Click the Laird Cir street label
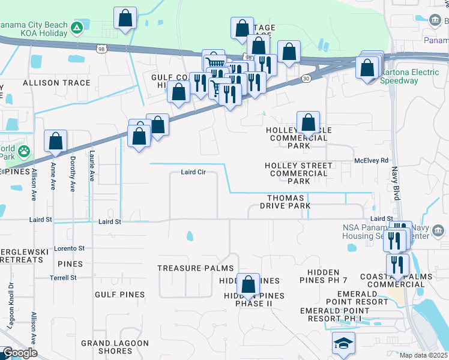point(193,172)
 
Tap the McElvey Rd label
point(372,160)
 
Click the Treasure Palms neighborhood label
point(186,268)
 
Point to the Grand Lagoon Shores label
point(115,347)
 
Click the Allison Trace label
point(49,82)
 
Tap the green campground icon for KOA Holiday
point(77,28)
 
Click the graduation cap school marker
point(344,343)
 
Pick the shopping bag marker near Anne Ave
point(55,142)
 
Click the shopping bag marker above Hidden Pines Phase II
point(248,285)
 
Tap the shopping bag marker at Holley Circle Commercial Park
point(308,123)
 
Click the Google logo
point(19,353)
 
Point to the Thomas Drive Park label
point(289,202)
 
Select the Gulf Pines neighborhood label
point(119,295)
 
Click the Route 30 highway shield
point(306,78)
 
